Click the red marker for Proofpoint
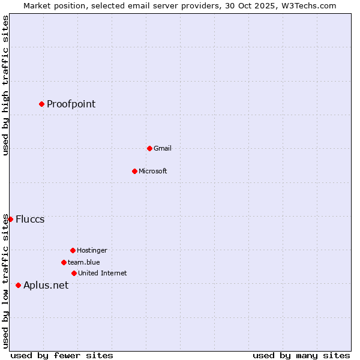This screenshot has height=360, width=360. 41,104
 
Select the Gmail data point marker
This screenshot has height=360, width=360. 149,148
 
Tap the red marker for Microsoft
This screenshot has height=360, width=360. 134,171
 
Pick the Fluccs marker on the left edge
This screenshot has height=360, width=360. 10,219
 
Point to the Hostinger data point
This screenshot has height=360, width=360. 73,250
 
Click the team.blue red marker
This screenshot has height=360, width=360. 64,262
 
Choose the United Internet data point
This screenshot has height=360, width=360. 74,273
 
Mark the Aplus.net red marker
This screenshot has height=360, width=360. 18,285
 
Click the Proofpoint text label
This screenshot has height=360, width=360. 71,104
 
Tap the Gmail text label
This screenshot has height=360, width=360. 162,148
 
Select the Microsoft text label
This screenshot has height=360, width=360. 152,171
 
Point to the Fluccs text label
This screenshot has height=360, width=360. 30,219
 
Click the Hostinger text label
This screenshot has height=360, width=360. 92,250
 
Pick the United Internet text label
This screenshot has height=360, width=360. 102,273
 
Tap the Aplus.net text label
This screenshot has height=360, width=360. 46,285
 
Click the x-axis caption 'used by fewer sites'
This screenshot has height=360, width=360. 62,355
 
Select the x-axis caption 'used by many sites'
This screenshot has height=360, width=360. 301,355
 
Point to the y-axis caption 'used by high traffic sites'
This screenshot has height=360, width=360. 5,85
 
